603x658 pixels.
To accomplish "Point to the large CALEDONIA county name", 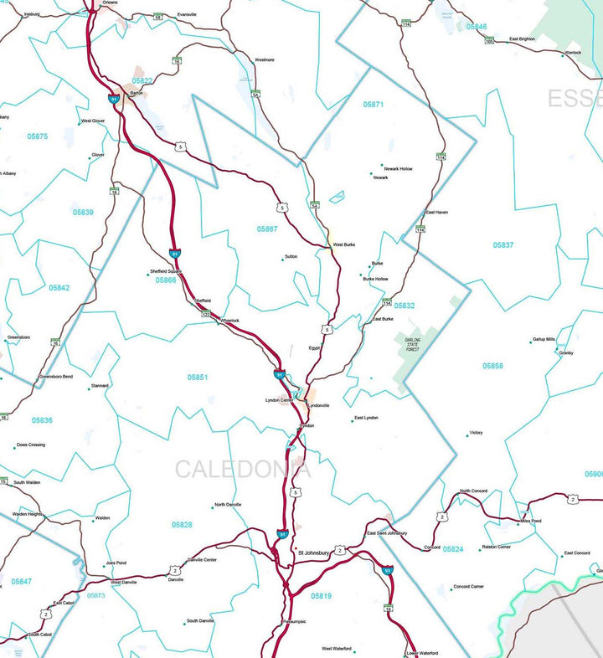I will coord(243,470).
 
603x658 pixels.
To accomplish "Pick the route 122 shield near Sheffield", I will coord(205,314).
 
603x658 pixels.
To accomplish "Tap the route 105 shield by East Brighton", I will coord(489,41).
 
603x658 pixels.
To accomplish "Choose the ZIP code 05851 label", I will coord(198,378).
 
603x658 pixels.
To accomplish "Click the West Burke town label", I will coord(344,245).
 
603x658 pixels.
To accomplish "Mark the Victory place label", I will coord(476,433).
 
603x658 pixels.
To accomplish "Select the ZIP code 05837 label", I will coord(503,245).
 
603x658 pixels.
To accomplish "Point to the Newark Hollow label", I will coord(397,169).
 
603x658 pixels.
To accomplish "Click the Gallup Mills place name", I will coord(544,339).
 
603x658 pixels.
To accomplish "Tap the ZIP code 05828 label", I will coord(182,525).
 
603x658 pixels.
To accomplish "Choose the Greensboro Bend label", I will coord(56,377).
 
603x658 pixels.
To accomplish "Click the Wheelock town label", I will coord(229,321).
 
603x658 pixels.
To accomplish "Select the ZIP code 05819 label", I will coord(321,596).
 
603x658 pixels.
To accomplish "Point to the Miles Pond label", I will coord(531,521).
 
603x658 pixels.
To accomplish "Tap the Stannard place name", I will coord(100,386).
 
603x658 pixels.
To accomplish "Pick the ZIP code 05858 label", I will coord(493,366).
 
